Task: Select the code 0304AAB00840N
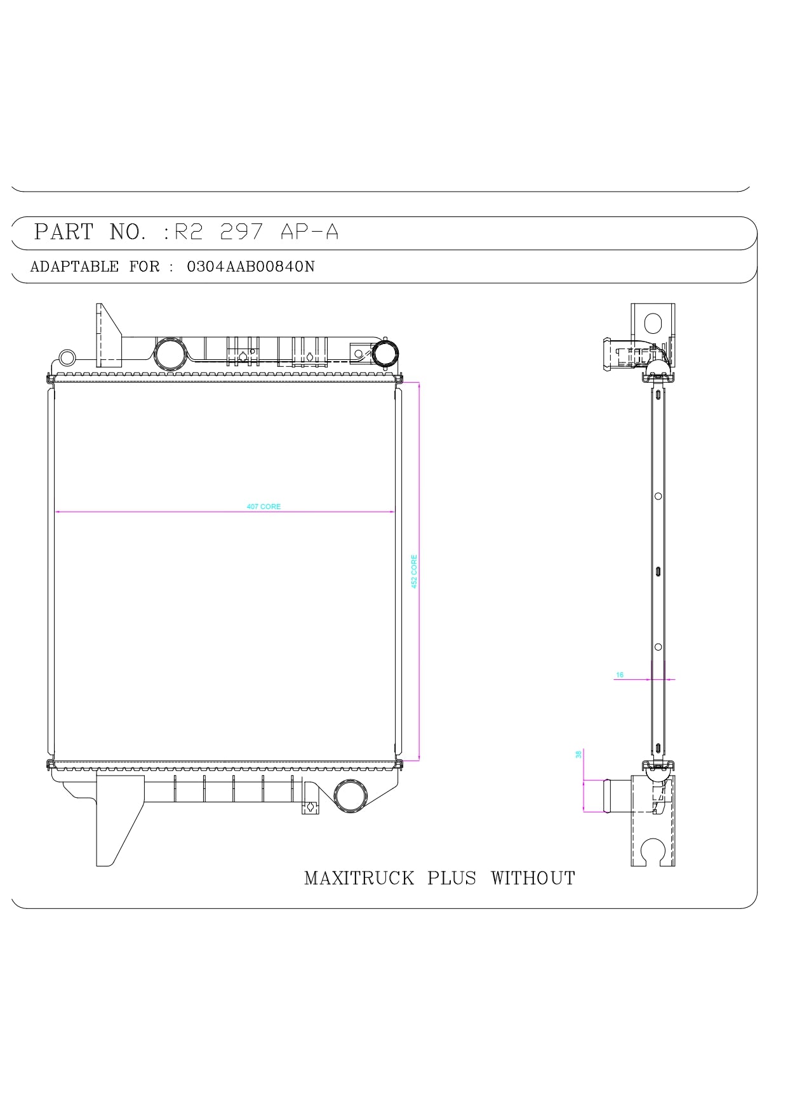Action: (250, 267)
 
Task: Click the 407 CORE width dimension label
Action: (264, 507)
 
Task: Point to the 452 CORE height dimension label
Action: (414, 571)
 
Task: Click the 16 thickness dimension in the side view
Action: (620, 675)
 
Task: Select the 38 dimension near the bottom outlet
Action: (578, 755)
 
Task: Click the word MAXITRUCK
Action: (359, 879)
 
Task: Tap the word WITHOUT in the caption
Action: (533, 879)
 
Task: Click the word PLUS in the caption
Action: (451, 879)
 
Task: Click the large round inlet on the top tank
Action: (170, 354)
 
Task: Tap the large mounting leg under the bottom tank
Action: (117, 819)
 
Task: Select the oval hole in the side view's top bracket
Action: (653, 324)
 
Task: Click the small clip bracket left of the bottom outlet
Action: (311, 803)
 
